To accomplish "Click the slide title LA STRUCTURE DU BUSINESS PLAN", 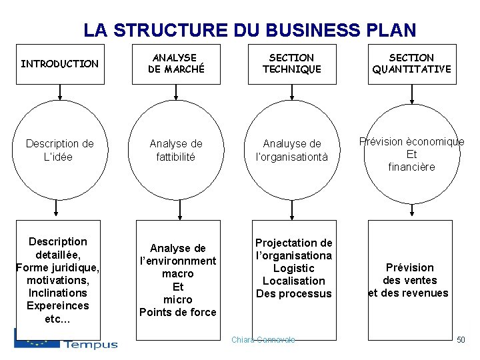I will click(249, 30).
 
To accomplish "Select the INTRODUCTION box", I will click(59, 64).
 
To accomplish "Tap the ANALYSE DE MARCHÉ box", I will click(176, 64).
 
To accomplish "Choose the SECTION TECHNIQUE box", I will click(291, 64).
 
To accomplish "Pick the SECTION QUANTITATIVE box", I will click(411, 64).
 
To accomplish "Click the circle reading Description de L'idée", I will click(59, 150).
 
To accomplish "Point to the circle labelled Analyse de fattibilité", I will click(176, 150).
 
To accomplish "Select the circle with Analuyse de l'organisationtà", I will click(292, 150).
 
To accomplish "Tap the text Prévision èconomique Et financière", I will click(411, 154).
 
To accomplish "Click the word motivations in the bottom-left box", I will click(58, 280).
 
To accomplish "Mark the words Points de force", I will click(177, 312).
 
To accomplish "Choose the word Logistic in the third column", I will click(293, 268).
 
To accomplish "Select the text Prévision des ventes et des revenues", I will click(409, 280).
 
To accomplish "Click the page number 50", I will click(460, 341).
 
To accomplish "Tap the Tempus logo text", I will click(91, 344).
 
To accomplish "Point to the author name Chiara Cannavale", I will click(263, 340).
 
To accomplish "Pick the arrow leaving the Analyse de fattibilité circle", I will click(176, 210).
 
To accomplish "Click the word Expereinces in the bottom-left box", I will click(58, 305).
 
